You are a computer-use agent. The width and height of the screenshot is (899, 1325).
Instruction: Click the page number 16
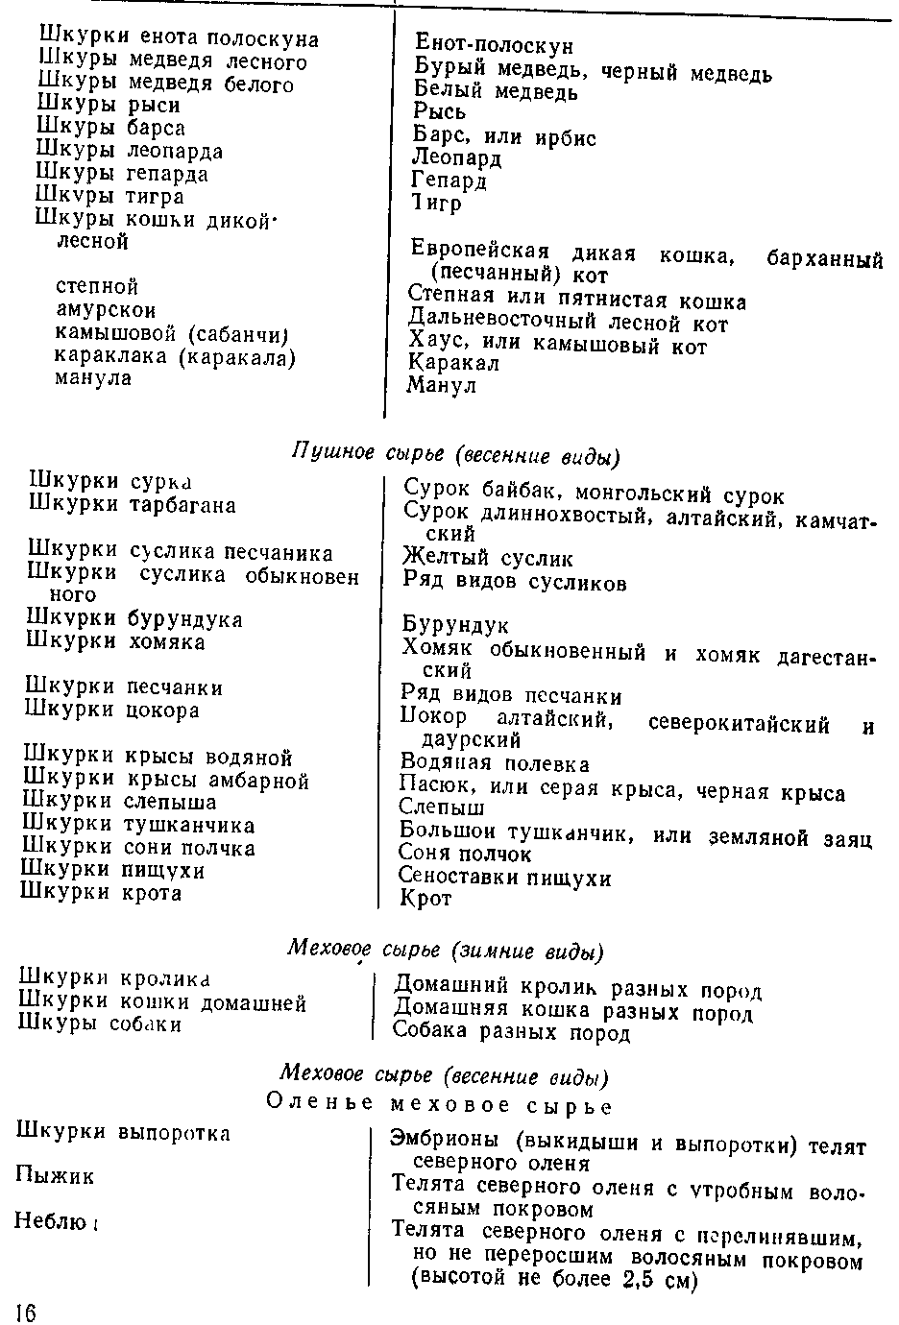(25, 1312)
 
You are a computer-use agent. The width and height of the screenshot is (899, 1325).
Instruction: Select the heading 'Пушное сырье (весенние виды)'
(454, 452)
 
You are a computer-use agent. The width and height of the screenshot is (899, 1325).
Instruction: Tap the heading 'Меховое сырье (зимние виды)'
(446, 951)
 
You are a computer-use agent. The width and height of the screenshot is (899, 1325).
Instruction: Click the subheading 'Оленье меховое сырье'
(439, 1105)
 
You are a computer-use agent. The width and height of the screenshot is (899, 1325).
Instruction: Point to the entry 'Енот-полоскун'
(494, 45)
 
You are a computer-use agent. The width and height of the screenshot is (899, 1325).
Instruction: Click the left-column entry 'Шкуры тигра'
(109, 196)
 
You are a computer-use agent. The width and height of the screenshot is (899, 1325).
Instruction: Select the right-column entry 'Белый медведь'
(496, 92)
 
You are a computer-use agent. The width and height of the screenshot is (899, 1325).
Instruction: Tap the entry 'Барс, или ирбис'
(504, 137)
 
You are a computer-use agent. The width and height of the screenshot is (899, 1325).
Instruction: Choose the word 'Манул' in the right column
(442, 386)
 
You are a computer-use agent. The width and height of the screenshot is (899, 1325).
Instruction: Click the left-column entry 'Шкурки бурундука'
(134, 619)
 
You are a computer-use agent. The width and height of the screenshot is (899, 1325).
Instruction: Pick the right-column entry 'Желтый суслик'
(488, 558)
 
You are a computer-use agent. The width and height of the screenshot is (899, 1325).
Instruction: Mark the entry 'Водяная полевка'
(495, 764)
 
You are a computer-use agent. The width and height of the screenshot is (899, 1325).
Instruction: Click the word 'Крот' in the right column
(425, 900)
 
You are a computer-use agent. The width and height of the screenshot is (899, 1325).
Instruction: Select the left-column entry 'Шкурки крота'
(102, 893)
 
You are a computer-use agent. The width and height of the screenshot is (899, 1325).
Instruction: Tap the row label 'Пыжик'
(55, 1175)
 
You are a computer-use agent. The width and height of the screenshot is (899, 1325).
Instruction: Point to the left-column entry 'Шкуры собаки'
(100, 1024)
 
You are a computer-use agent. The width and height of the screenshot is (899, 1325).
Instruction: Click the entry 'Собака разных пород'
(511, 1033)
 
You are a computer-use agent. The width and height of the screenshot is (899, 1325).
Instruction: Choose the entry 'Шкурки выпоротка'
(124, 1133)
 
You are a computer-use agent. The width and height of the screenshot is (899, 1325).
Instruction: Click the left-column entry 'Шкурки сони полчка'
(138, 848)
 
